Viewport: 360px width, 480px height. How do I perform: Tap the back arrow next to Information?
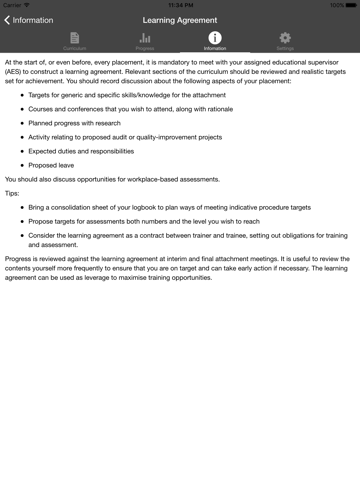8,20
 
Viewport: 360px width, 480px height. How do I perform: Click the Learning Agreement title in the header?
180,20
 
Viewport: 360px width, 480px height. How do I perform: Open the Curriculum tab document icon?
74,38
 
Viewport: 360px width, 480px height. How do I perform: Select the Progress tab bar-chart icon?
145,38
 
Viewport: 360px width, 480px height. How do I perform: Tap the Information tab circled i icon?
215,38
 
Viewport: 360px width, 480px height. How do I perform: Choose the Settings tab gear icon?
285,38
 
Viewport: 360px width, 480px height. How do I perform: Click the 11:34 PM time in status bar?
180,5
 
